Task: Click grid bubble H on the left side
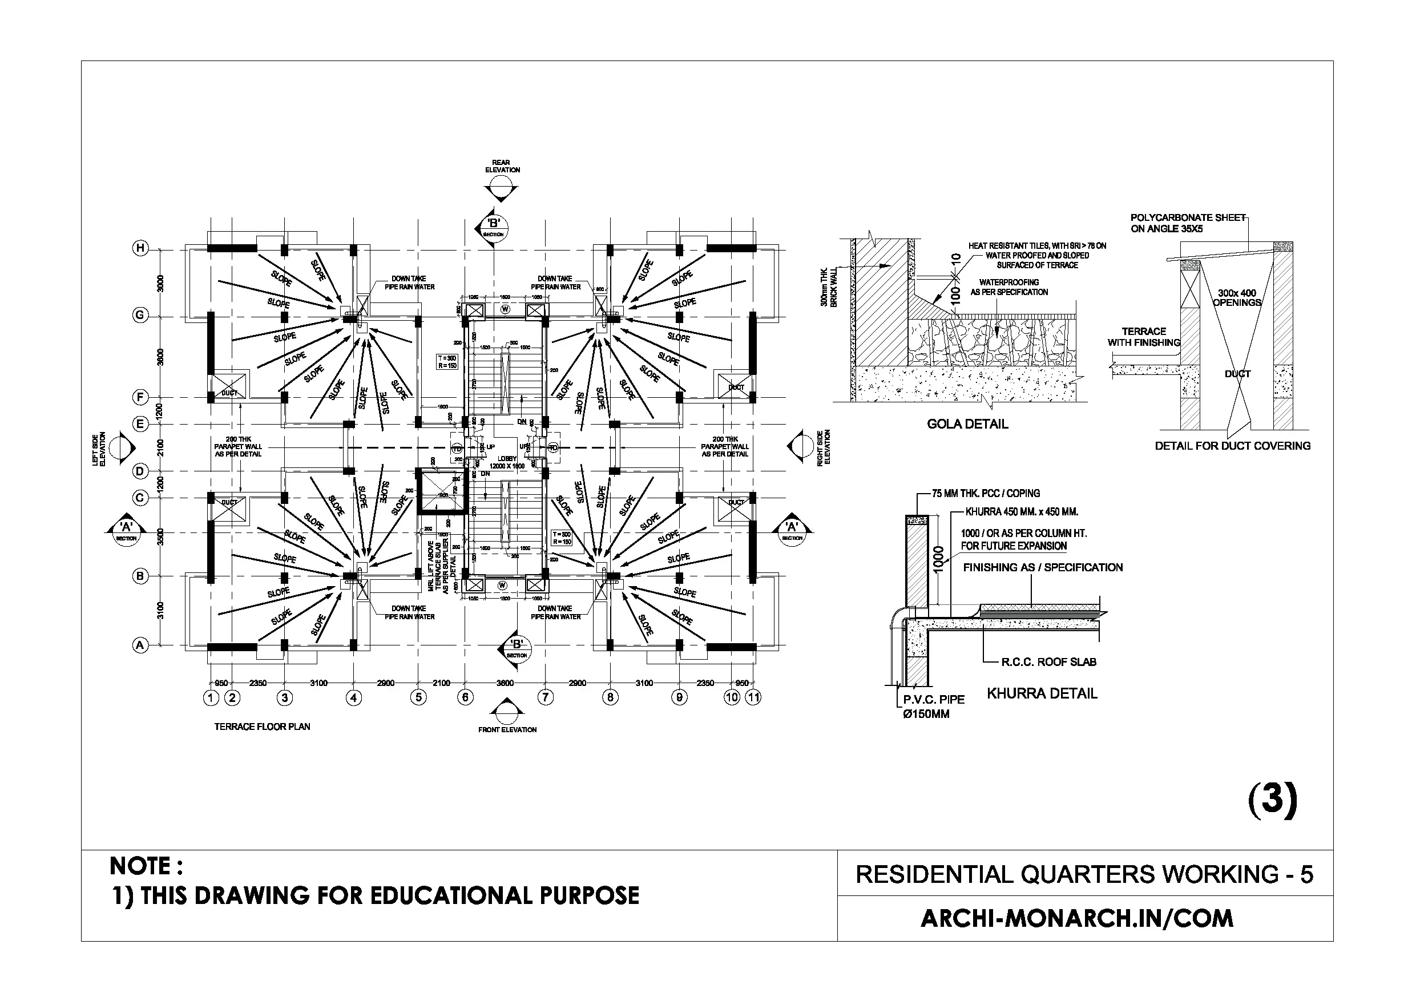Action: [x=140, y=248]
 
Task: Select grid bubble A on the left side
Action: [x=140, y=645]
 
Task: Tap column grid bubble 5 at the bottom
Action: [x=418, y=697]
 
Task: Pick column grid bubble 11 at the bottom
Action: [x=753, y=697]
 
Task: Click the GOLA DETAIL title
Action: [x=967, y=423]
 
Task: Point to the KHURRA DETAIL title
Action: [x=1042, y=693]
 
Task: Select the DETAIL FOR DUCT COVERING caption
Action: [x=1232, y=445]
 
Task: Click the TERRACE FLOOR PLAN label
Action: [x=262, y=726]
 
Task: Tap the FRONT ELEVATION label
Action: [x=507, y=729]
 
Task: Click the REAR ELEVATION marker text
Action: [x=502, y=166]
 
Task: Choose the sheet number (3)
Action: [x=1272, y=800]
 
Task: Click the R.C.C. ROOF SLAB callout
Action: [x=1048, y=662]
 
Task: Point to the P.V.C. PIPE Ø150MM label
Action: [x=934, y=707]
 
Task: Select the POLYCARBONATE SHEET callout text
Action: [x=1187, y=223]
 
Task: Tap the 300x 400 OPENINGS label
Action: [x=1237, y=298]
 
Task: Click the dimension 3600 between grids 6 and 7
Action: [x=505, y=683]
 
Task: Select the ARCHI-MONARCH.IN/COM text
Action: [x=1077, y=918]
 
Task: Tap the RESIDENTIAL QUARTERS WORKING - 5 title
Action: [x=1084, y=874]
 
